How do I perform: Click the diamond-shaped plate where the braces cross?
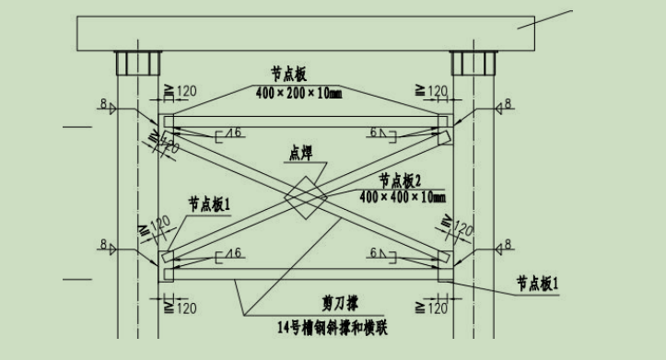click(303, 196)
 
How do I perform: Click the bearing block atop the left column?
click(136, 64)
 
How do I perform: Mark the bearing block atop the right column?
click(471, 64)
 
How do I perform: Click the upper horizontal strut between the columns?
click(303, 121)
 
